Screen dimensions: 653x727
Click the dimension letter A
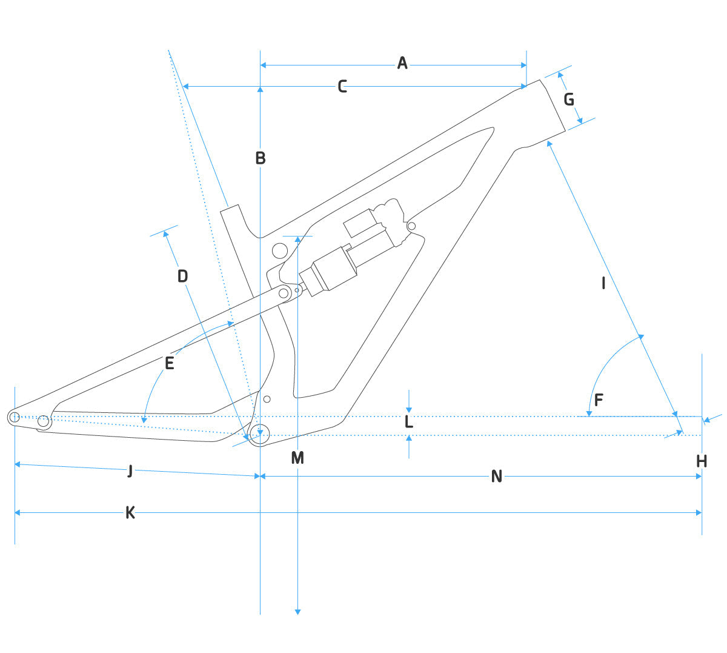[402, 63]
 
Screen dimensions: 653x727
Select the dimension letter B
[260, 158]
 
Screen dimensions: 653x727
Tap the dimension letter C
[342, 87]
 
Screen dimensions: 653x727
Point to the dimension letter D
[182, 276]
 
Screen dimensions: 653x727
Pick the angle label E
[170, 363]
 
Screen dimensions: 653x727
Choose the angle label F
[599, 400]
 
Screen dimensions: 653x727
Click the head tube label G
[569, 99]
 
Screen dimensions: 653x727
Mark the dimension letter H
[702, 462]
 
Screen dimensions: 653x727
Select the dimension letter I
[603, 283]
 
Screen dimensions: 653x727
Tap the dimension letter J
[130, 471]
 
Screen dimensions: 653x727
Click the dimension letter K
[130, 513]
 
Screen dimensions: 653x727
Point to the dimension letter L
[409, 423]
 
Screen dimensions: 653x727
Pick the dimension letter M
[297, 458]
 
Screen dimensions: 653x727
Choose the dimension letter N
[497, 477]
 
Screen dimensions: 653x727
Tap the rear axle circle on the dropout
[15, 417]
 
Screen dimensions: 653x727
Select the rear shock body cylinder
[330, 269]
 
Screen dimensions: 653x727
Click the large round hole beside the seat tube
[280, 250]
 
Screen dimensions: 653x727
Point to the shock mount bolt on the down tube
[412, 227]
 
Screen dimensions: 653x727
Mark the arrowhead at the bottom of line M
[297, 611]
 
